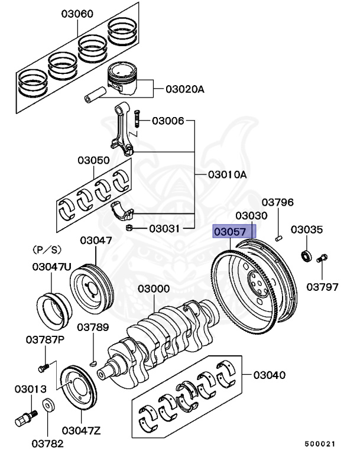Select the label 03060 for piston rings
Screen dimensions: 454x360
coord(77,14)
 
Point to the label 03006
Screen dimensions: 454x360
coord(168,121)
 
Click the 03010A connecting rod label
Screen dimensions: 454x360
coord(227,175)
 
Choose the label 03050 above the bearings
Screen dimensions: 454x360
coord(93,160)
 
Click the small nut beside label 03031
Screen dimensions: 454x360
coord(129,228)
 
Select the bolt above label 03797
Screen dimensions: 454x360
coord(322,258)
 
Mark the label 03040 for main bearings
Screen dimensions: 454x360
coord(270,375)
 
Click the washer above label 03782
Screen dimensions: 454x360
coord(48,406)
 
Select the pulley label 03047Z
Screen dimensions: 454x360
coord(80,429)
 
